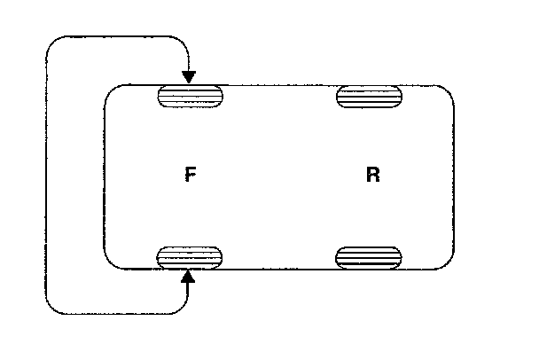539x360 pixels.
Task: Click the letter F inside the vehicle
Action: [190, 175]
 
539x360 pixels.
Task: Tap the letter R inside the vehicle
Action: [372, 175]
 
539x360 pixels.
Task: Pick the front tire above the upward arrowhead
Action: [189, 257]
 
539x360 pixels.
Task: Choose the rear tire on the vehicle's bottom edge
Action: [369, 257]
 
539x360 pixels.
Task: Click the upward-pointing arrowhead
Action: [188, 278]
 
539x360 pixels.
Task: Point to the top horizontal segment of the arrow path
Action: [115, 35]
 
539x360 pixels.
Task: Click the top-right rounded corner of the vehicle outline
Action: [449, 90]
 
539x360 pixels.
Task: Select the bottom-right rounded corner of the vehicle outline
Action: [449, 262]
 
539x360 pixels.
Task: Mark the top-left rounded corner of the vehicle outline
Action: [111, 90]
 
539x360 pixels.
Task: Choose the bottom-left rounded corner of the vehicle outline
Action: [111, 262]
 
